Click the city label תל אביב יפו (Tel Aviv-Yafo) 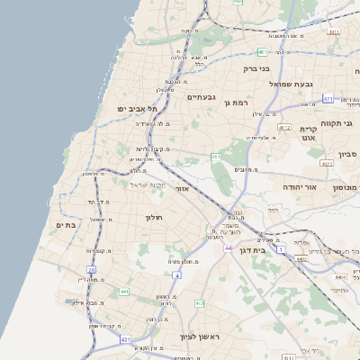click(137, 109)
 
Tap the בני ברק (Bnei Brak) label click(257, 68)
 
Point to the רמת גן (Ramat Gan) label click(236, 103)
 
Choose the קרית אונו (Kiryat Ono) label click(308, 134)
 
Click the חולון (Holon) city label click(150, 217)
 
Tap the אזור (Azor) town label click(181, 190)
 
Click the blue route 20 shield click(91, 269)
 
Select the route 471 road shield click(328, 99)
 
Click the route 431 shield click(124, 339)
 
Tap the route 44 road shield click(229, 248)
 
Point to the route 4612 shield click(284, 128)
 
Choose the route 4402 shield click(301, 259)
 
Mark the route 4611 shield click(334, 31)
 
